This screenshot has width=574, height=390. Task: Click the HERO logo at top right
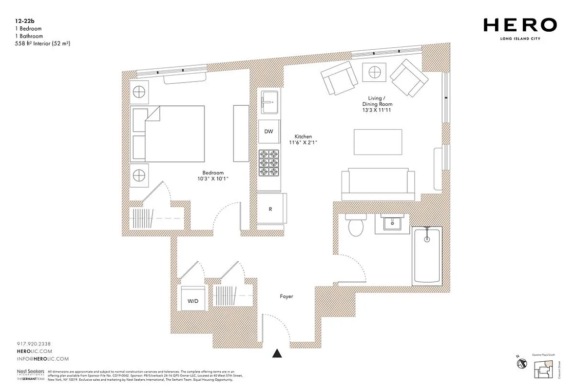pos(520,25)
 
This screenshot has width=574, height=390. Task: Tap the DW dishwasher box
pos(268,132)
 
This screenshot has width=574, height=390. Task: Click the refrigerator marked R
pos(270,209)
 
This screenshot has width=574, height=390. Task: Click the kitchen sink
pos(268,102)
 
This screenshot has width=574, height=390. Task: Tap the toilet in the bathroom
pos(356,225)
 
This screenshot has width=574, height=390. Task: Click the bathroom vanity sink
pos(391,223)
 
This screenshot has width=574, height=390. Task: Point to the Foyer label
pos(287,296)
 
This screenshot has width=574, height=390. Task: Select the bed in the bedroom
pos(168,134)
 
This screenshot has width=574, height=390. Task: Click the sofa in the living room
pos(378,184)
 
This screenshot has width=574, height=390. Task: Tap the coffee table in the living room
pos(378,142)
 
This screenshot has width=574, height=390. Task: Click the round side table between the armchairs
pos(374,72)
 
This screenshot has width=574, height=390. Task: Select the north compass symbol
pos(522,363)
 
